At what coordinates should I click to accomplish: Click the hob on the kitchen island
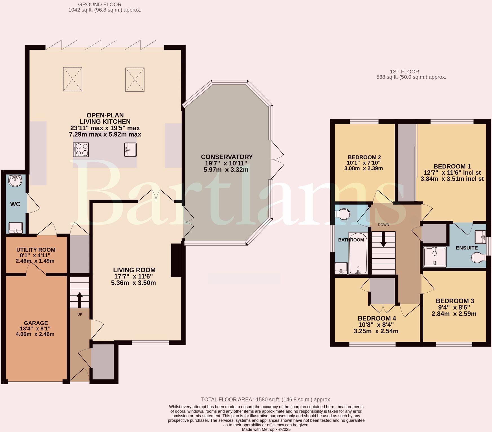pos(81,150)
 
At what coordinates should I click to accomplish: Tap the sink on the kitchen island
pos(130,150)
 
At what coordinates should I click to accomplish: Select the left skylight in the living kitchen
pos(73,79)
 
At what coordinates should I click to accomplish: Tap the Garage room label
pos(36,323)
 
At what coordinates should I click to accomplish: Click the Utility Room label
pos(36,250)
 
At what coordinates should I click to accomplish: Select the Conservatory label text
pos(227,157)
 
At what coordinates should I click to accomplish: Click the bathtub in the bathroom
pos(358,253)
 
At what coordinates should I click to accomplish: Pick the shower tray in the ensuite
pos(435,257)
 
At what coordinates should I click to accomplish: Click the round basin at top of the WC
pos(15,181)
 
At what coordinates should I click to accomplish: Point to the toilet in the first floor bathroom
pos(342,214)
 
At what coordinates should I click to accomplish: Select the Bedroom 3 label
pos(455,301)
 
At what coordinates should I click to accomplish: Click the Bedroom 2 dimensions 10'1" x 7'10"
pos(364,163)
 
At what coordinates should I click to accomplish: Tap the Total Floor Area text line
pos(266,400)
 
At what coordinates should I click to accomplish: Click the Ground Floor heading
pos(100,5)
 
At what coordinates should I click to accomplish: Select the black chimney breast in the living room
pos(176,260)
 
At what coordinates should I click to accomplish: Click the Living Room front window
pos(150,343)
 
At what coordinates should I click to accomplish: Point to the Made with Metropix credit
pos(266,429)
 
